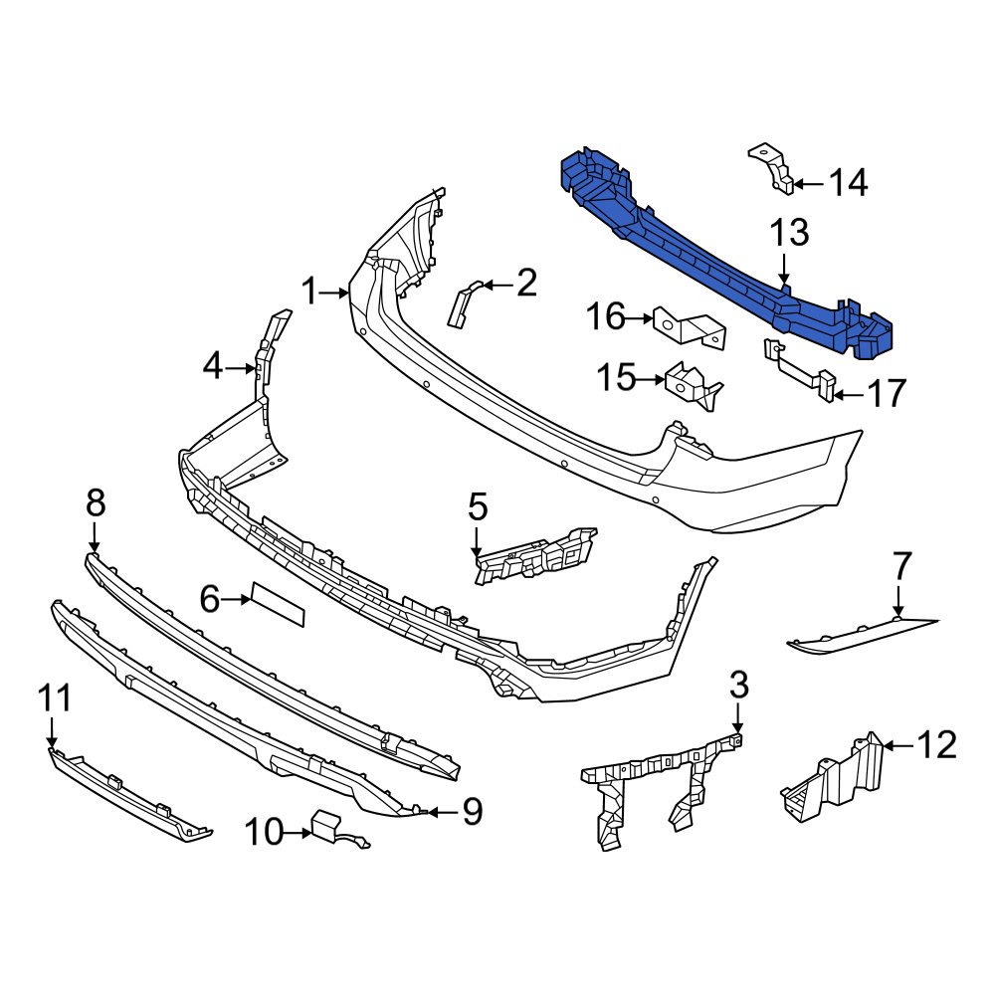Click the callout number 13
pyautogui.click(x=788, y=235)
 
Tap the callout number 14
pyautogui.click(x=848, y=183)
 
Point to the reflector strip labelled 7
pyautogui.click(x=861, y=635)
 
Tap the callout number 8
pyautogui.click(x=95, y=503)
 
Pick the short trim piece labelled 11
pyautogui.click(x=129, y=796)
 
